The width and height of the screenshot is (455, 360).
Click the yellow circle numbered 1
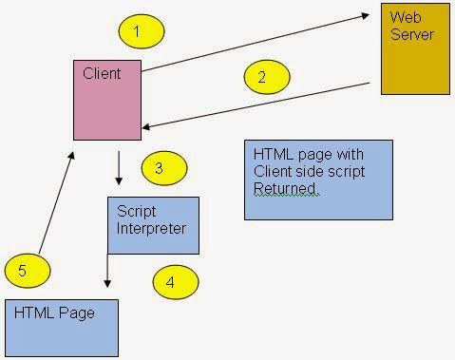click(x=136, y=32)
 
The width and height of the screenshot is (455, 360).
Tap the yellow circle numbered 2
click(x=262, y=78)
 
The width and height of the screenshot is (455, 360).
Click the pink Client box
click(x=108, y=100)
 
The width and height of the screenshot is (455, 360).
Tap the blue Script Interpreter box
click(x=153, y=225)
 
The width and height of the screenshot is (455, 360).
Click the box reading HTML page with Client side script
click(x=317, y=180)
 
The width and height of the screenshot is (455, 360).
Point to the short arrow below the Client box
click(x=119, y=167)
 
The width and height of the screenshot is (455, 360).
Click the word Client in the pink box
click(x=102, y=72)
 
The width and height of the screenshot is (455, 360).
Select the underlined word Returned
click(x=286, y=189)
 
